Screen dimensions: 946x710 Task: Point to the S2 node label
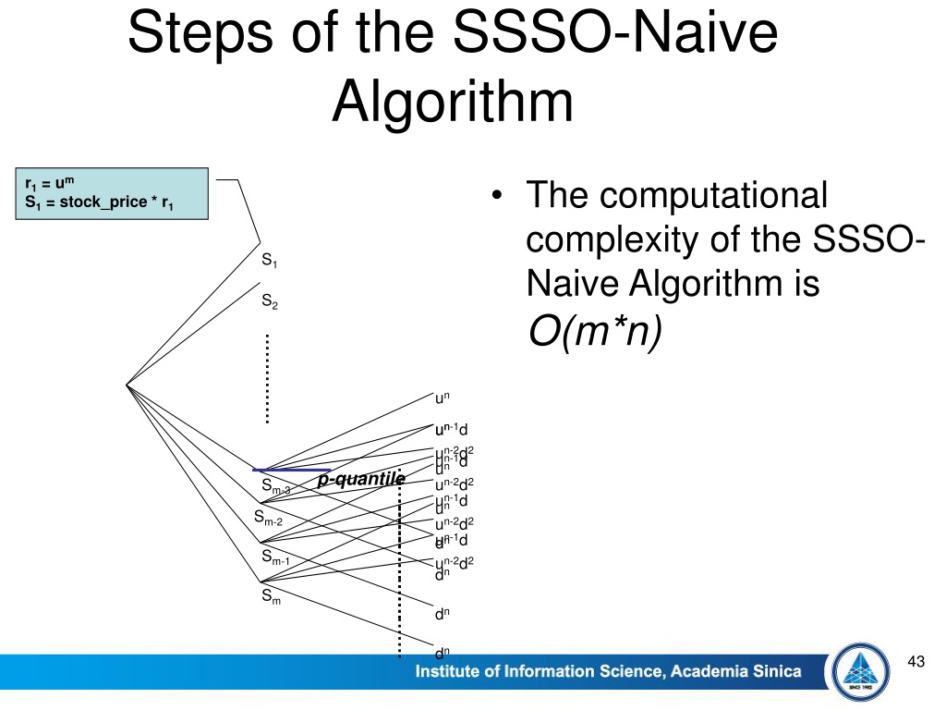coord(270,301)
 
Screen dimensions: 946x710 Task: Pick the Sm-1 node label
coord(275,557)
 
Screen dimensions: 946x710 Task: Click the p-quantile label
coord(361,479)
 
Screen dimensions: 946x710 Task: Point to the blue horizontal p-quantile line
coord(291,470)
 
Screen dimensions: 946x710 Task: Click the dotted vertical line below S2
coord(267,379)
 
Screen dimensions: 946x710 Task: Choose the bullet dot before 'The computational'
coord(498,196)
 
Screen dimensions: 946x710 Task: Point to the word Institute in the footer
coord(454,672)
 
